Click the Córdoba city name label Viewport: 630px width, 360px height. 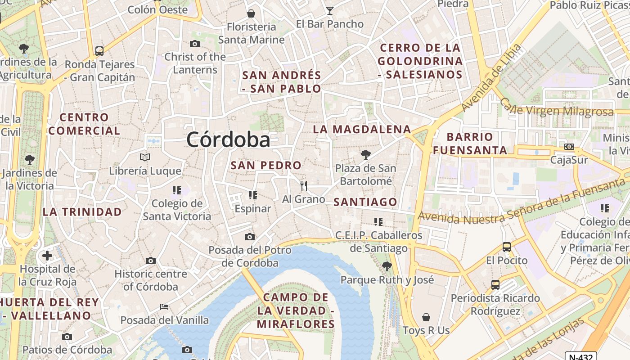(x=228, y=139)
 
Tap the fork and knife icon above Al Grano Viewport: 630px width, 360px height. (x=304, y=185)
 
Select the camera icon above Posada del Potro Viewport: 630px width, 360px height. (x=250, y=237)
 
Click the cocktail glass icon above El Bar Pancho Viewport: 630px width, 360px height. (x=330, y=11)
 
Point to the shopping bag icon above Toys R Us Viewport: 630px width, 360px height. (x=426, y=317)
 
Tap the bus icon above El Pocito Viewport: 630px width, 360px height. (x=507, y=247)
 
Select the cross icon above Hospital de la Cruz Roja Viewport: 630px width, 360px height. (x=47, y=256)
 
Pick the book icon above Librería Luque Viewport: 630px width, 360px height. (x=145, y=157)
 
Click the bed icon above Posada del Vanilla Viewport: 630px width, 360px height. (x=164, y=307)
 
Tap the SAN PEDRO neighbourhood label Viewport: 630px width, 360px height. (x=266, y=165)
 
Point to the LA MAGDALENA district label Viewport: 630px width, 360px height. (x=362, y=130)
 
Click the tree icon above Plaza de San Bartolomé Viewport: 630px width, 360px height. (x=366, y=155)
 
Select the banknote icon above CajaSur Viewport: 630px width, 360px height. (x=569, y=147)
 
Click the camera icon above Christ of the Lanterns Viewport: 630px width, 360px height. (x=195, y=44)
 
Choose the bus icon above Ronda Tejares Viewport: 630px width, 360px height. (x=99, y=51)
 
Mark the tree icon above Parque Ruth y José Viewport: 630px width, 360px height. (x=387, y=266)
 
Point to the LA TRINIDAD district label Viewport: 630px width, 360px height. (x=82, y=211)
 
